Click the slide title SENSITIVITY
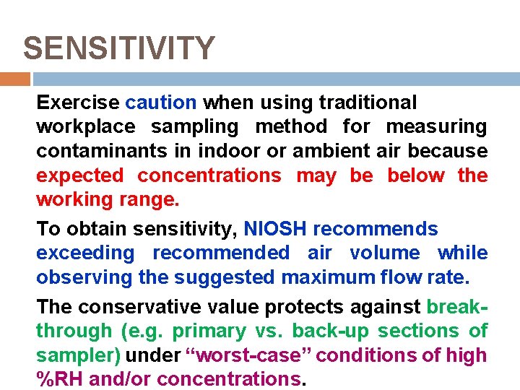click(119, 49)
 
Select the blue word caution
click(160, 103)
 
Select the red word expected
click(79, 175)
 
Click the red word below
click(417, 175)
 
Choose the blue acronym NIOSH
click(275, 229)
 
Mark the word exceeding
click(85, 253)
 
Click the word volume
click(384, 253)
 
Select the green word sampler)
click(80, 355)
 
